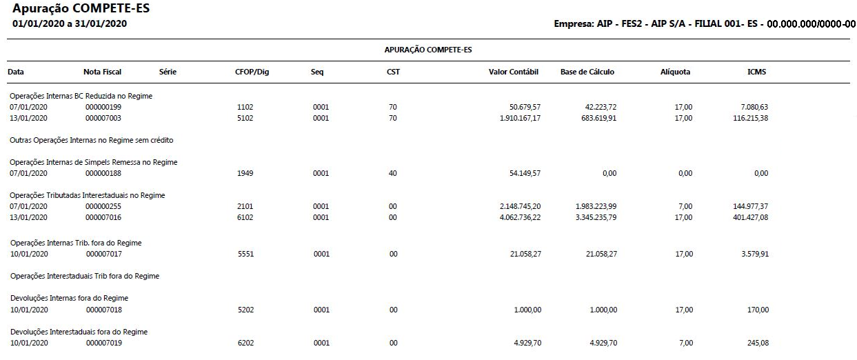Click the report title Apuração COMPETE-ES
click(81, 9)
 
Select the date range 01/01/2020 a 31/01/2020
click(70, 24)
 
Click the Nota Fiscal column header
click(102, 72)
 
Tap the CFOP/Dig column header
click(252, 72)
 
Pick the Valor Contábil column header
click(513, 72)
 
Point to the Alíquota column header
click(675, 72)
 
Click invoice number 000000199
click(103, 108)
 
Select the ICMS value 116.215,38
click(751, 119)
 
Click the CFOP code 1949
click(245, 174)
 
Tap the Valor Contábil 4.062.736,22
click(512, 218)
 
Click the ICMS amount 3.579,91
click(754, 254)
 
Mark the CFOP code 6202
click(245, 343)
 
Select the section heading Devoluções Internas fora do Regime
click(69, 298)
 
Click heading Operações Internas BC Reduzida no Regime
click(81, 96)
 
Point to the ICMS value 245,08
click(757, 343)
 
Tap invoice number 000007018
click(103, 310)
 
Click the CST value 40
click(392, 174)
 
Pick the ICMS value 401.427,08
click(751, 218)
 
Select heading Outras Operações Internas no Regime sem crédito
click(91, 140)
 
